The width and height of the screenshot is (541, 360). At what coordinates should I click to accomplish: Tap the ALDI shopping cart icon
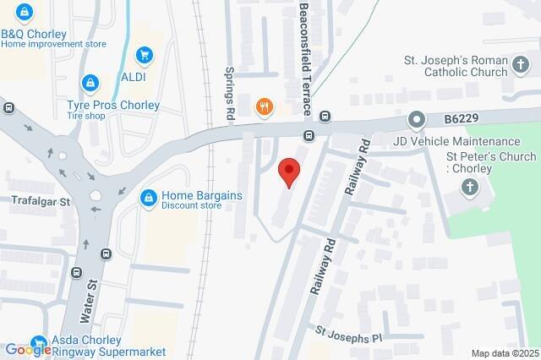145,55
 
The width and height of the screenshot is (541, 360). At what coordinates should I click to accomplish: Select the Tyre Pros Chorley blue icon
90,83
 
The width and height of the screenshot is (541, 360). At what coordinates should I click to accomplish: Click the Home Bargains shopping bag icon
149,197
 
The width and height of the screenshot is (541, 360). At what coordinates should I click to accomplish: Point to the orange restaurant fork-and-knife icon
265,106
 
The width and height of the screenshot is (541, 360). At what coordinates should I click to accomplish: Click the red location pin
290,172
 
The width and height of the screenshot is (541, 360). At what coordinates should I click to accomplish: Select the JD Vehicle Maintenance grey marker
416,120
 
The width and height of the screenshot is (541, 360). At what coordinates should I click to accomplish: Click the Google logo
28,349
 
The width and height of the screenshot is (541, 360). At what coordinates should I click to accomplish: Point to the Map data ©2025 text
505,353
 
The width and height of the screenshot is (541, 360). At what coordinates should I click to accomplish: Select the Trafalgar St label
40,203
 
